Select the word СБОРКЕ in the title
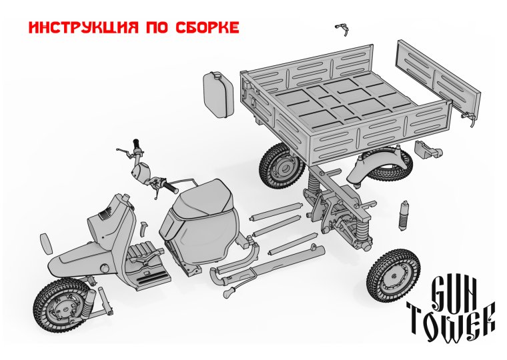(207, 28)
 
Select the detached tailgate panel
(438, 79)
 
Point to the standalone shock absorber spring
(403, 213)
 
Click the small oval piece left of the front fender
(47, 243)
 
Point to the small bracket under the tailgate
(427, 148)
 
